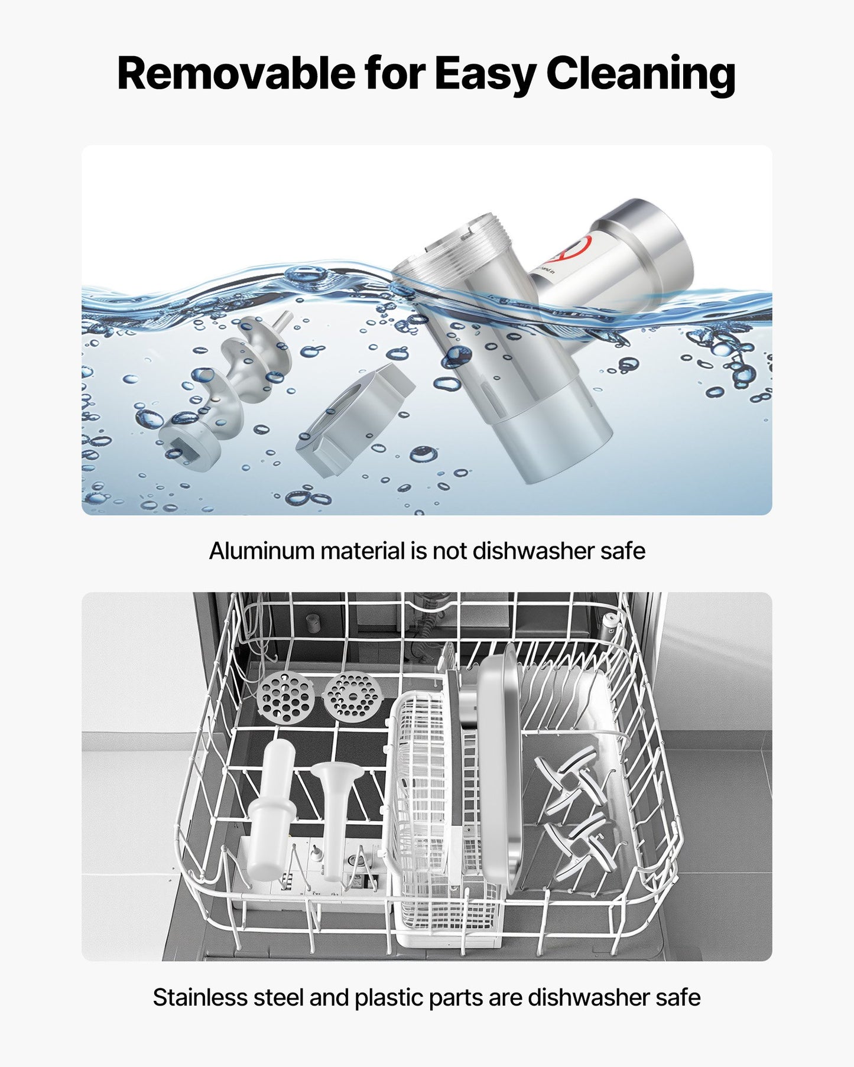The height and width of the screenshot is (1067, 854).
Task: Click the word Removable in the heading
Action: [x=238, y=73]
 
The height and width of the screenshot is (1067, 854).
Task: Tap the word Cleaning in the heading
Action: [x=641, y=76]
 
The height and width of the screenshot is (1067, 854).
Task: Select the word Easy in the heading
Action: [x=485, y=76]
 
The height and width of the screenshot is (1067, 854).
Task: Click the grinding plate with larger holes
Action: [x=285, y=699]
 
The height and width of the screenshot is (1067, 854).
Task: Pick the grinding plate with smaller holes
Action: [x=352, y=697]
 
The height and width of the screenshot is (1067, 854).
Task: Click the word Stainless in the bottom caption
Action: [x=200, y=997]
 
